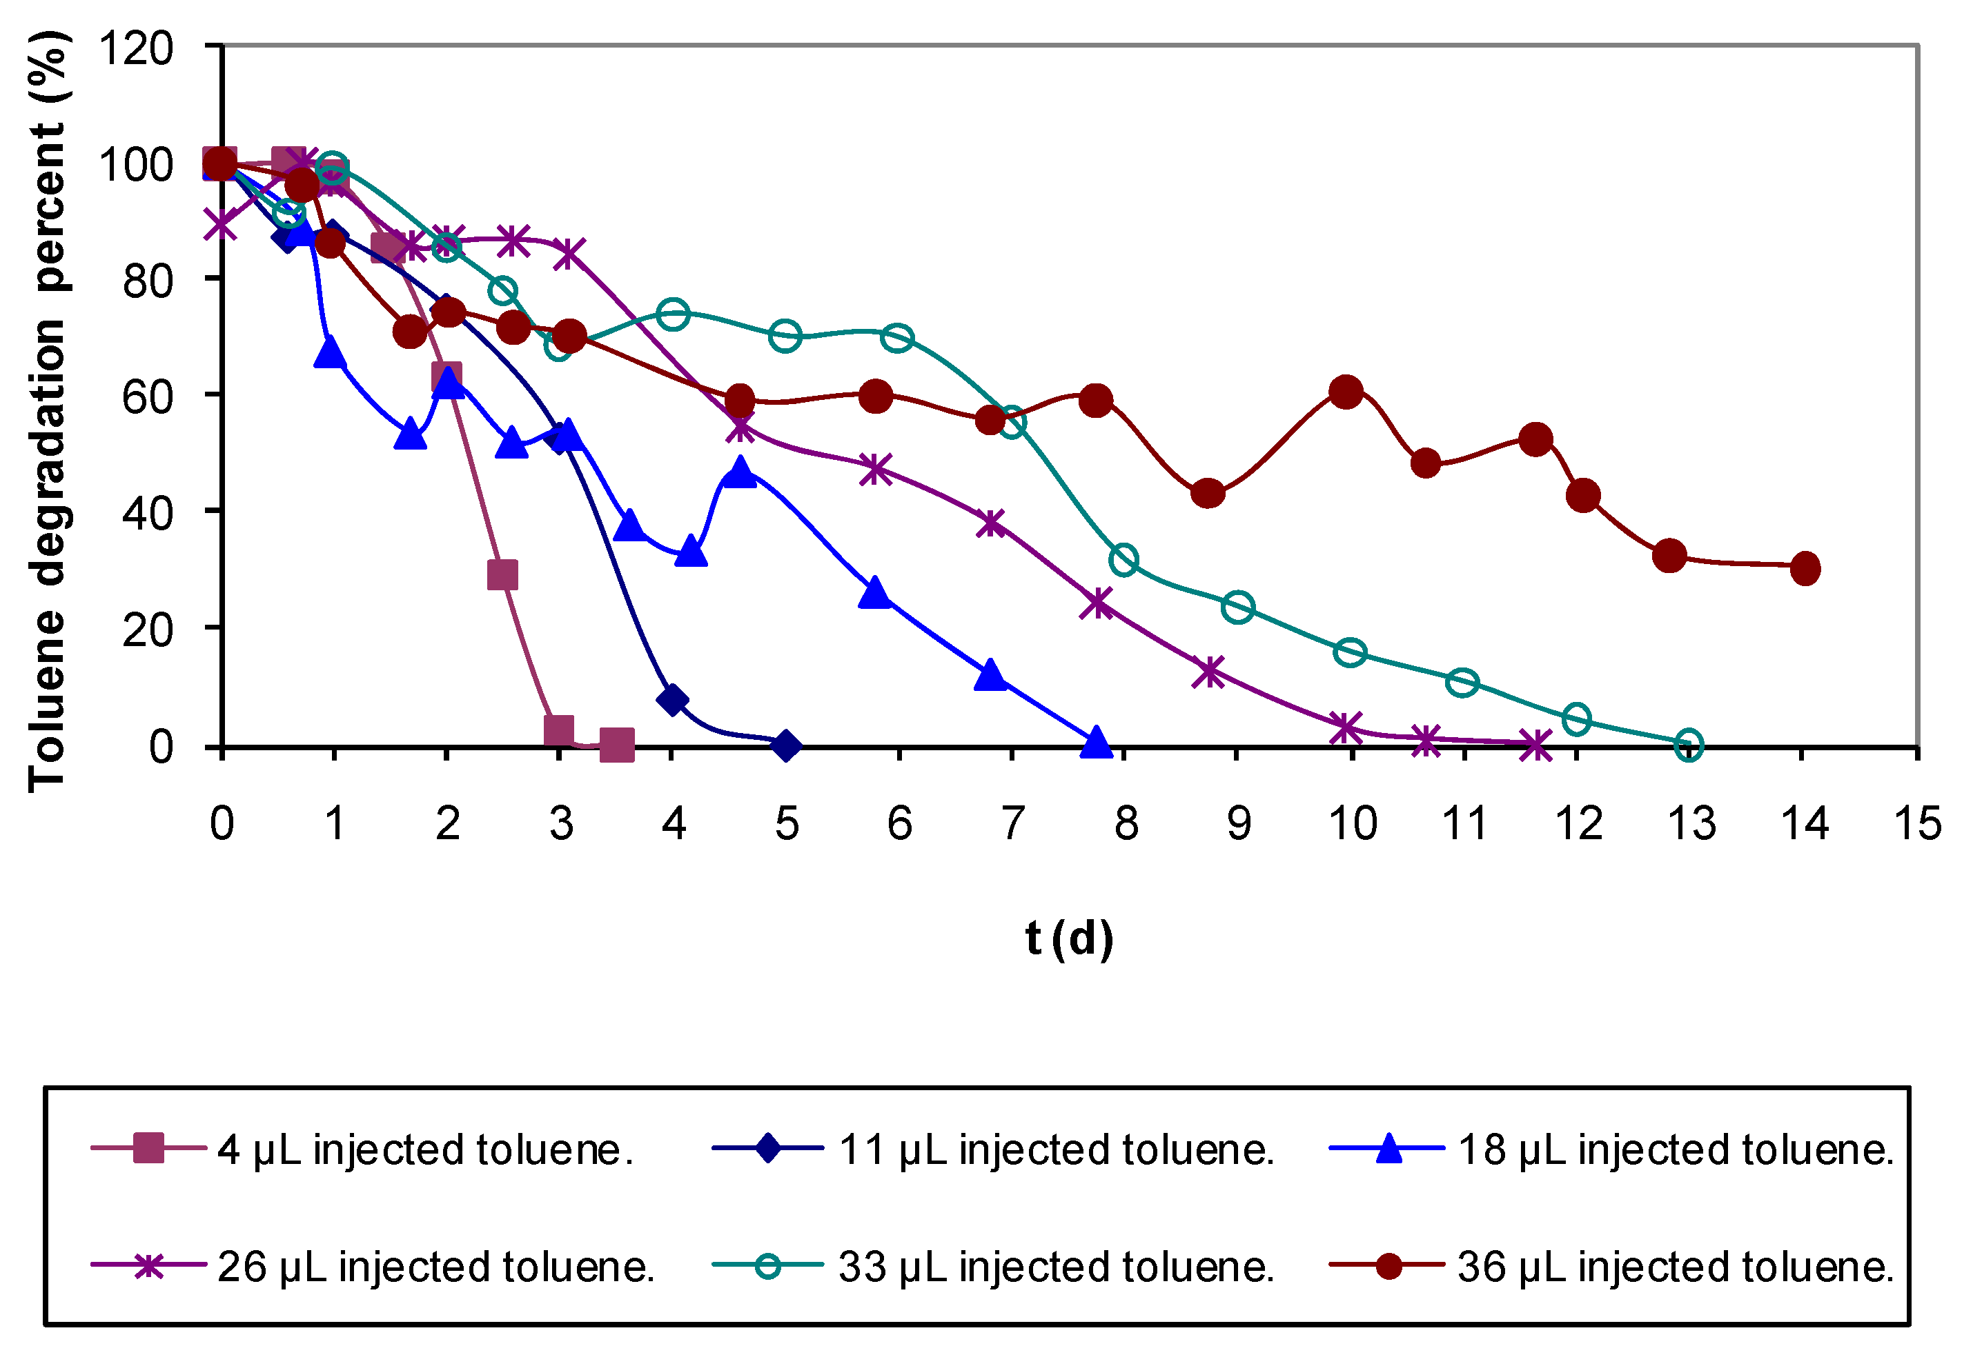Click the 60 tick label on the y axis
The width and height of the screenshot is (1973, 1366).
tap(147, 397)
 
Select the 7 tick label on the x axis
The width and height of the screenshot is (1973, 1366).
tap(1012, 823)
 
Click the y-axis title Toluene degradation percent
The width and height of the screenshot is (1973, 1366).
tap(47, 411)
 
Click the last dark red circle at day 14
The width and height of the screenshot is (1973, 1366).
tap(1805, 568)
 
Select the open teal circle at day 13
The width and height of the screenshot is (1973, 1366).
tap(1688, 745)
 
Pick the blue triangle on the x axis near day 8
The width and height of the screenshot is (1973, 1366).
tap(1096, 743)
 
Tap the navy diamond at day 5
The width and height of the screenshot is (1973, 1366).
tap(786, 745)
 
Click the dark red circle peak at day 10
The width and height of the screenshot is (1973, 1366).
tap(1346, 392)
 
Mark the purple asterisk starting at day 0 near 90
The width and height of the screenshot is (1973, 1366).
tap(222, 225)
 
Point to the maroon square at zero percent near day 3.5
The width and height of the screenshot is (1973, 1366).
tap(616, 745)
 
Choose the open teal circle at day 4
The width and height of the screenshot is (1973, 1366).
tap(674, 314)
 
